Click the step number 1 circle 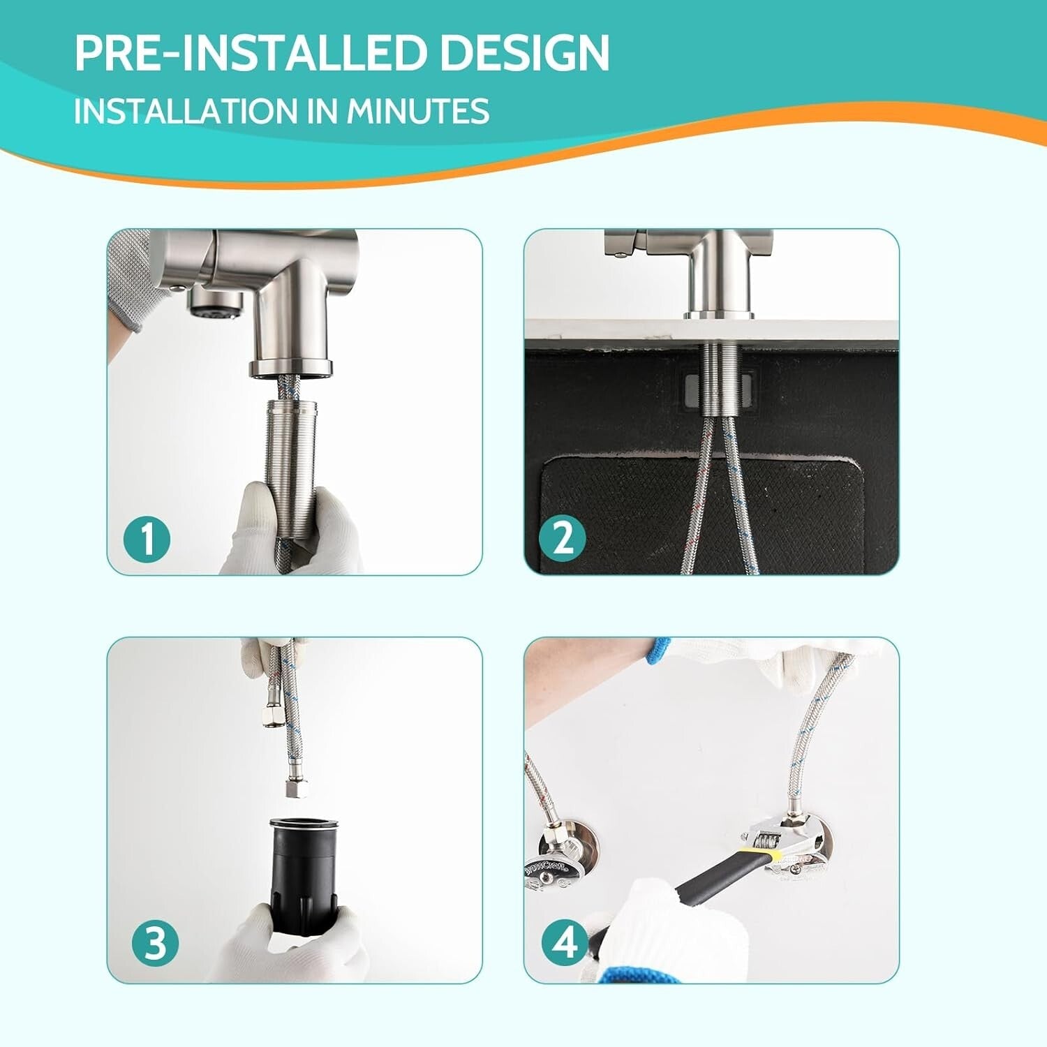click(x=147, y=539)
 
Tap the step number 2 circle click(x=563, y=538)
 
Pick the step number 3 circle click(x=155, y=943)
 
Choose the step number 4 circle click(x=565, y=942)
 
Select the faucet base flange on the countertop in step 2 click(x=719, y=315)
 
